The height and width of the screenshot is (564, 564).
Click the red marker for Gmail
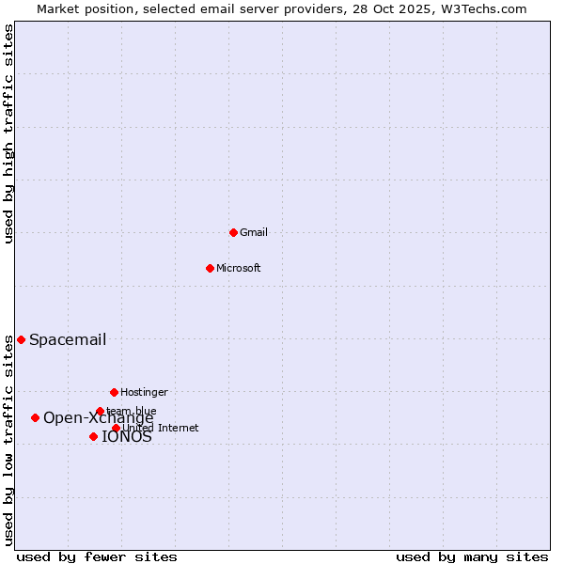[x=233, y=232]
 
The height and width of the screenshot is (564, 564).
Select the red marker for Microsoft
[x=210, y=268]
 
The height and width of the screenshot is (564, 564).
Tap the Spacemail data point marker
[x=21, y=339]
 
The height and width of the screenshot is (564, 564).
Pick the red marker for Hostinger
[x=114, y=392]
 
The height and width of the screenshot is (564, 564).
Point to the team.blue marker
[x=100, y=411]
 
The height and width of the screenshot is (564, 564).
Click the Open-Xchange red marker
[x=35, y=417]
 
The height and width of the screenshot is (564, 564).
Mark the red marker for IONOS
[x=93, y=436]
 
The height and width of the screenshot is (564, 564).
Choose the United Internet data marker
[x=116, y=428]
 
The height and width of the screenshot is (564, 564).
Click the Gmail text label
[x=254, y=232]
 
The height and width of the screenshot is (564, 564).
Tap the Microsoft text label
[x=239, y=268]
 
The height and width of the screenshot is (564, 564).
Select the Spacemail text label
[x=68, y=339]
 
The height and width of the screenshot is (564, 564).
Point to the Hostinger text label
[x=144, y=392]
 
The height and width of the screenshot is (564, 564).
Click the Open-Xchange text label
[x=98, y=418]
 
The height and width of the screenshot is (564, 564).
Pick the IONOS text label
[x=127, y=437]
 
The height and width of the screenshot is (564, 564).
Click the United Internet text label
[x=161, y=428]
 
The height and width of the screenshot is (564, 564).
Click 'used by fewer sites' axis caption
[x=97, y=556]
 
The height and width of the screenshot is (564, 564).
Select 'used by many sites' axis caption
[x=472, y=556]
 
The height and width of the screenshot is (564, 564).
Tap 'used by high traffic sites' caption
[x=9, y=133]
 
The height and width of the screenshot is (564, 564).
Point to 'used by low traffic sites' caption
[x=9, y=440]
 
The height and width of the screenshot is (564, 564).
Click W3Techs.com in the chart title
[x=481, y=8]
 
